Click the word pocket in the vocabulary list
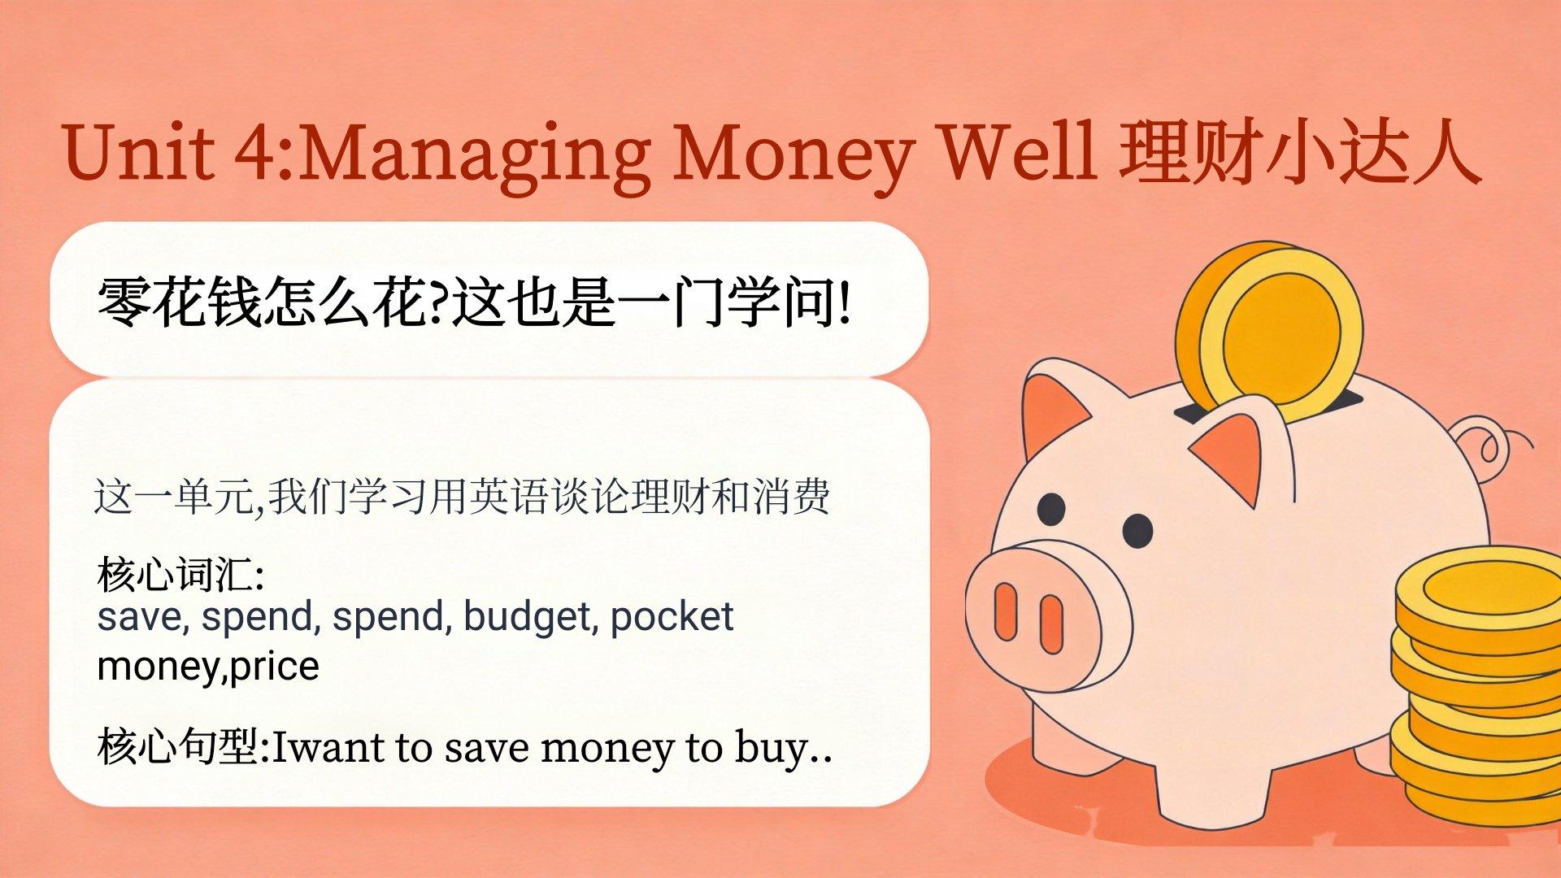pos(672,616)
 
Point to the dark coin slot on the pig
pos(1268,405)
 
